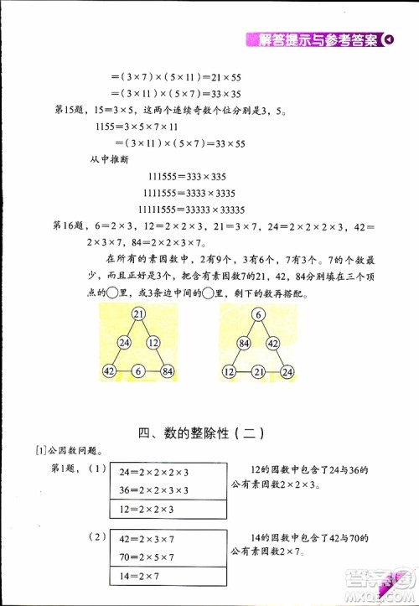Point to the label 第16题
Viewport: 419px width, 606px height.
click(x=70, y=225)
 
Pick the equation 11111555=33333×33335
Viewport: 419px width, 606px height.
click(x=189, y=210)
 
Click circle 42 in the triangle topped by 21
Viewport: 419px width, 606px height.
click(x=110, y=371)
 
